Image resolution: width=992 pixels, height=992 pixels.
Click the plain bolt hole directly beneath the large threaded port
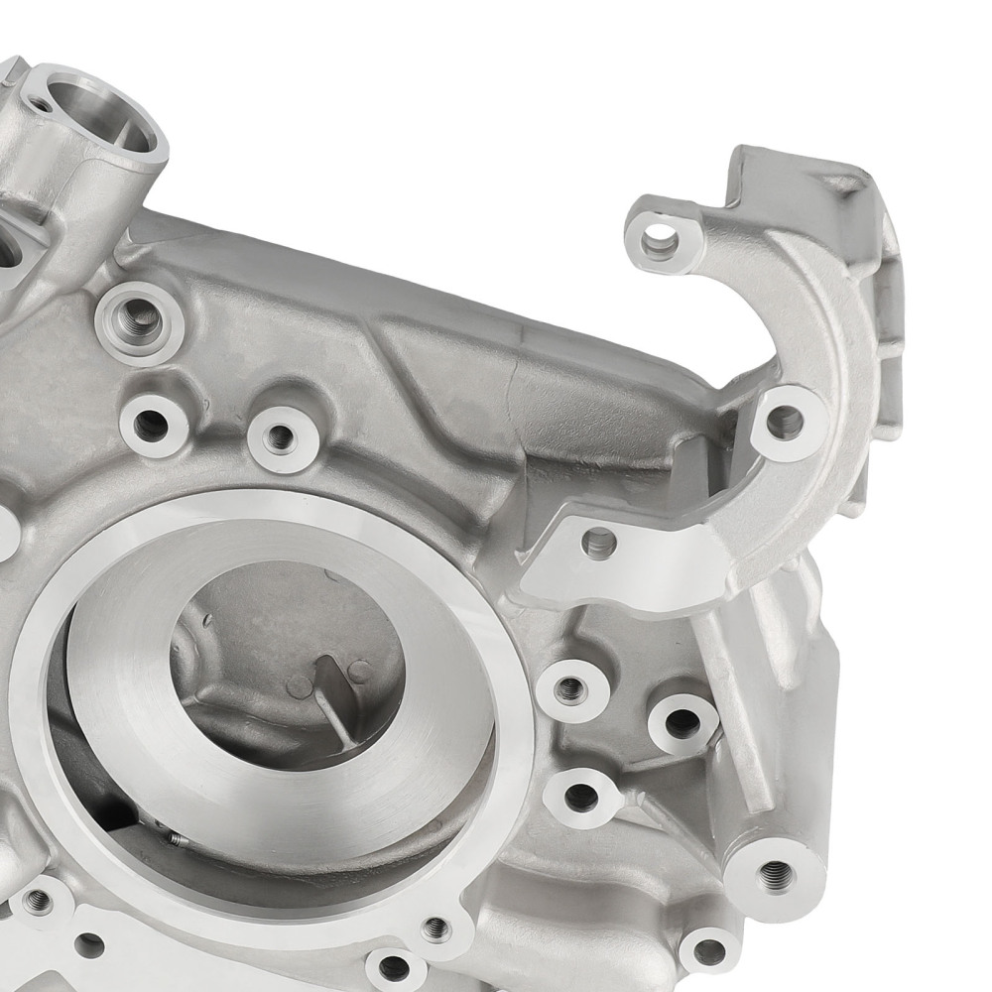(152, 424)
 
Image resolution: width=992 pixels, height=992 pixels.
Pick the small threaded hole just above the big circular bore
(281, 436)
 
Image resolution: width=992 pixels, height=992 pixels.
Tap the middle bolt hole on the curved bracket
(785, 422)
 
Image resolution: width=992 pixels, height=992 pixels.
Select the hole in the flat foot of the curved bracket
(599, 543)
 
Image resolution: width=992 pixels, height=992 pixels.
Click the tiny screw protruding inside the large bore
(177, 839)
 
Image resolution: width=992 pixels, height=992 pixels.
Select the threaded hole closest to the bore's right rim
(568, 689)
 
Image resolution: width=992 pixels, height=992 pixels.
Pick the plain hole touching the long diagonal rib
(682, 722)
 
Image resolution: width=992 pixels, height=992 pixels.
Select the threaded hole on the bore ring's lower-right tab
(435, 929)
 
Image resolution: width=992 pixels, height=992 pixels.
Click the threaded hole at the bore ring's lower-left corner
(39, 902)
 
